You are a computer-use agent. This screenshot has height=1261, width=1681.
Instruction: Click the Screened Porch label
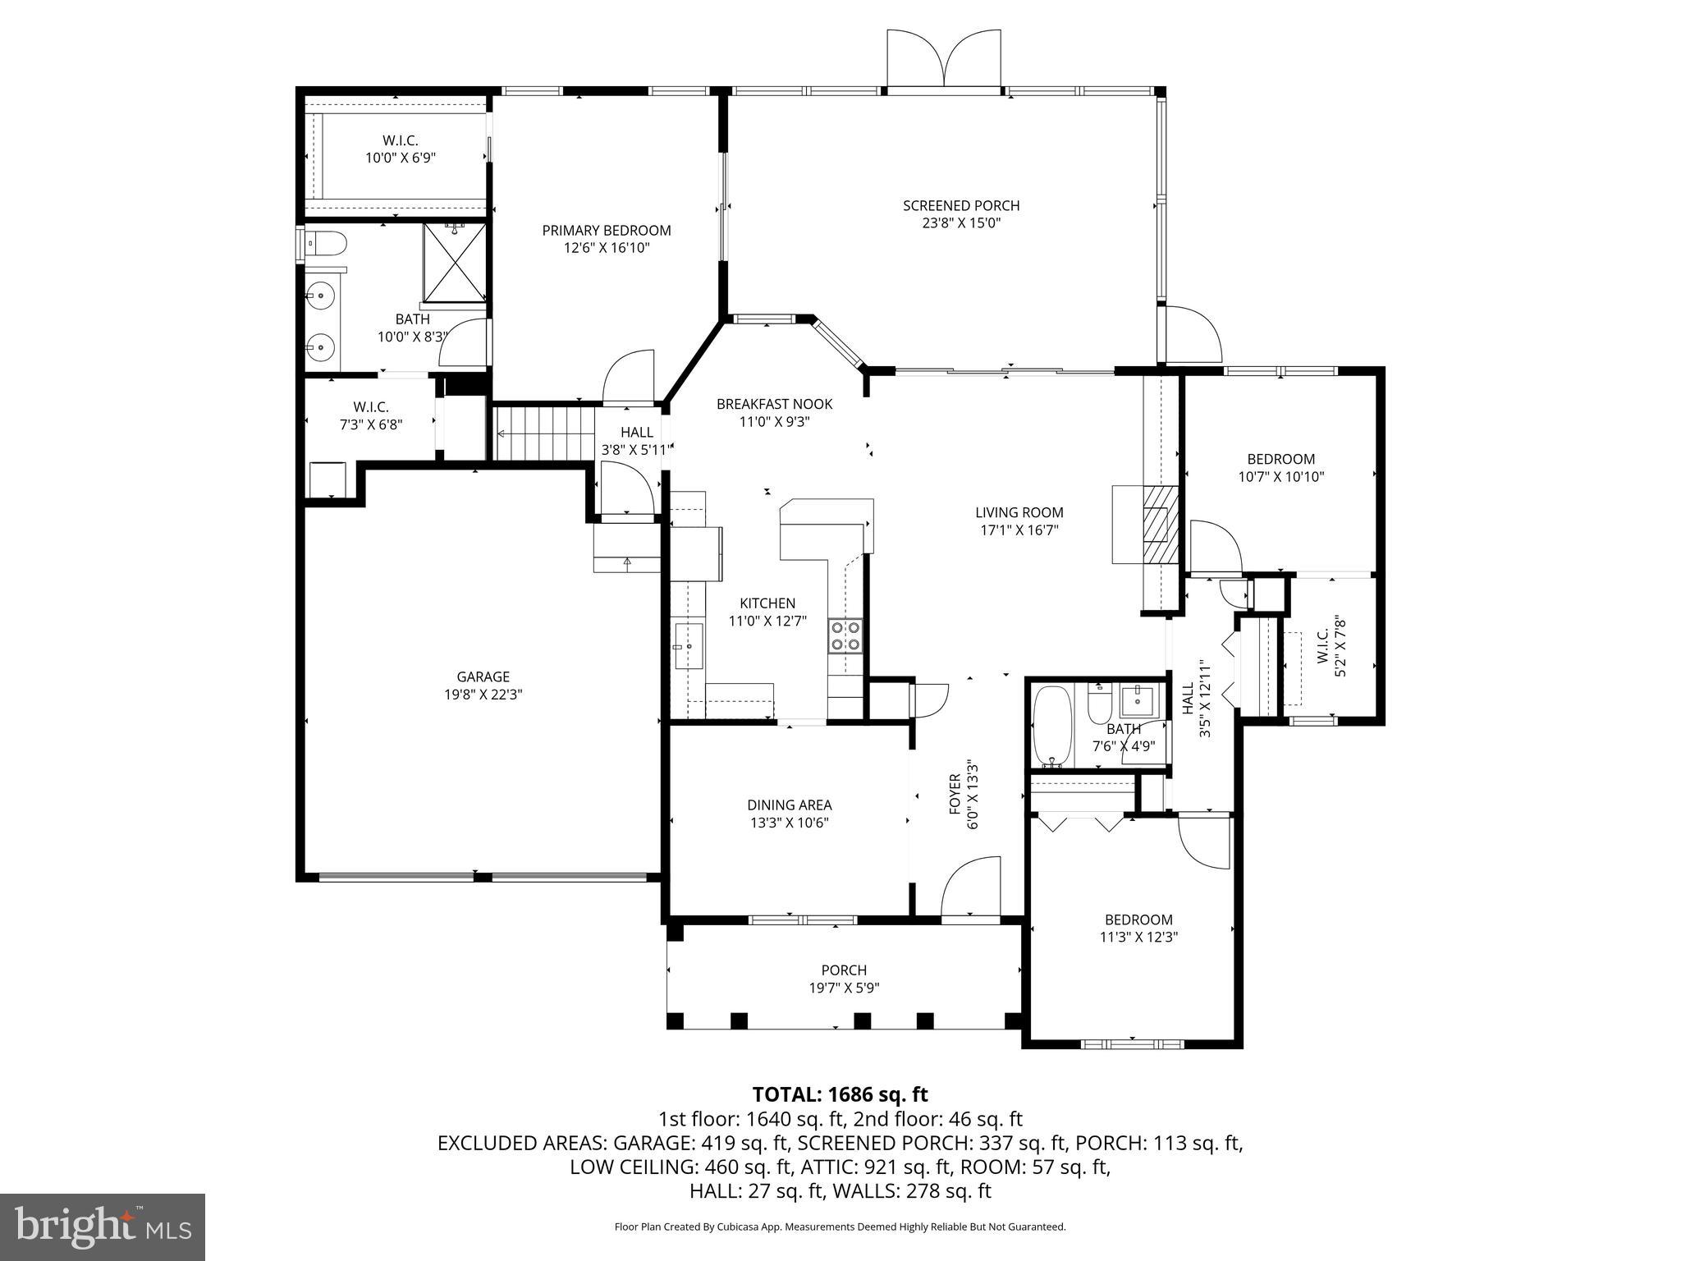(x=961, y=206)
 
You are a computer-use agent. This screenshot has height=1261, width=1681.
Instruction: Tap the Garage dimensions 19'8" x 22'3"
(x=483, y=695)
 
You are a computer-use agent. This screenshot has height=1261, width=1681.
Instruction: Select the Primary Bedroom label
(x=607, y=231)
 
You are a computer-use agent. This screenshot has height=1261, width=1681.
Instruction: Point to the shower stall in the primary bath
(x=454, y=262)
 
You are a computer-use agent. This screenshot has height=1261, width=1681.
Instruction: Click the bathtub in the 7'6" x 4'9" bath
(x=1052, y=725)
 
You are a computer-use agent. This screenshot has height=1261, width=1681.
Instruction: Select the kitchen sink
(x=688, y=646)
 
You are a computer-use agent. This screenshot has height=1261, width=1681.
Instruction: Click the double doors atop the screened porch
(x=945, y=60)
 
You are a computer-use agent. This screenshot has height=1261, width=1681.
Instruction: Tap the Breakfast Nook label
(x=774, y=404)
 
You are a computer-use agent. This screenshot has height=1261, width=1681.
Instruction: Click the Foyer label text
(x=955, y=793)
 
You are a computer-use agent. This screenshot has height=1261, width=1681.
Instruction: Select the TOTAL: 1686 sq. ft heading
(x=840, y=1094)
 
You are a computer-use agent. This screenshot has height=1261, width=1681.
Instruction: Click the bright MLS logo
(x=103, y=1226)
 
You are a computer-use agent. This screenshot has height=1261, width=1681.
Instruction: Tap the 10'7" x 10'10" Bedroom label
(x=1280, y=459)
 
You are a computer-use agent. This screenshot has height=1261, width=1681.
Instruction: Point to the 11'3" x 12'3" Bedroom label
(x=1138, y=919)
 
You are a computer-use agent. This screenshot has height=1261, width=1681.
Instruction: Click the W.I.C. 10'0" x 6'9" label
(x=400, y=141)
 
